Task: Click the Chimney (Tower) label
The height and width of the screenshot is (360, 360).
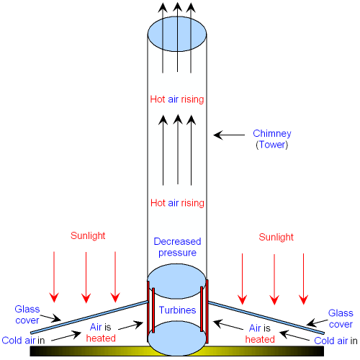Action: [x=272, y=139]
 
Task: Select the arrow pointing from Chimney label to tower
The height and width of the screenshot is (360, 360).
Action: [x=229, y=135]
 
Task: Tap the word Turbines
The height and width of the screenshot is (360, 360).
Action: [x=177, y=310]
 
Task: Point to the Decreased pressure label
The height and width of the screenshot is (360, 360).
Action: [x=177, y=247]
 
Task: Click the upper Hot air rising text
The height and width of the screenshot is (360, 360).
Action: [x=177, y=99]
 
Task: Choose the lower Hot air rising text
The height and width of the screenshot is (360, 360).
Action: [x=177, y=203]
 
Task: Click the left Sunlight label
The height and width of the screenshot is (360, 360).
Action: [x=88, y=235]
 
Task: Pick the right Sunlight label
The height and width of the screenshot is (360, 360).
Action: [x=276, y=237]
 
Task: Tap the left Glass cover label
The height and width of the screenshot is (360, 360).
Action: [x=27, y=315]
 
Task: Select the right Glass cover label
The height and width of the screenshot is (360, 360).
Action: [x=341, y=318]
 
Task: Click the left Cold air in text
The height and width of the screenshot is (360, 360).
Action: [x=23, y=341]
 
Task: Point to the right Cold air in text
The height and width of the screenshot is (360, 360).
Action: [x=336, y=341]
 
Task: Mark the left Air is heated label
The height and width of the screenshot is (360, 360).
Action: [x=101, y=333]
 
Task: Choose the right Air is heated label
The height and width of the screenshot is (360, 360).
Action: [x=260, y=333]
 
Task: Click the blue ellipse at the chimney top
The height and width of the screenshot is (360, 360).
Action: [x=177, y=34]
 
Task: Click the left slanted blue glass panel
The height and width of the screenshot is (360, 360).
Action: [x=89, y=317]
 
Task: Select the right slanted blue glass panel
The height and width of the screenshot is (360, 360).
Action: [x=266, y=318]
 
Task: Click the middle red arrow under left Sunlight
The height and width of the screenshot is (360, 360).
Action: [x=86, y=277]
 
